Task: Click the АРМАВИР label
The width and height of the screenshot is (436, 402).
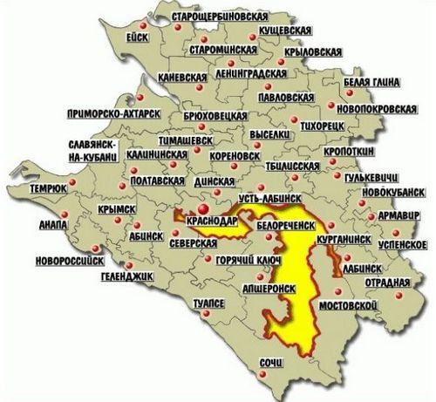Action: pyautogui.click(x=403, y=215)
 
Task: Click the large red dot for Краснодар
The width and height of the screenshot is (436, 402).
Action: pyautogui.click(x=202, y=209)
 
